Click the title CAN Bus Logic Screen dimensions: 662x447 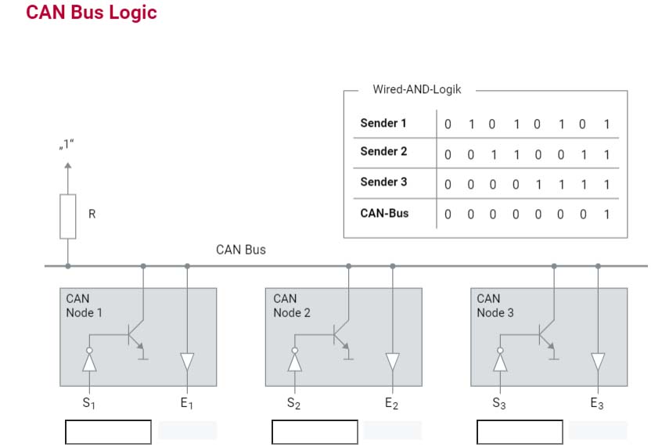pyautogui.click(x=92, y=13)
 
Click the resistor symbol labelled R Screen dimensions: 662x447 pyautogui.click(x=67, y=216)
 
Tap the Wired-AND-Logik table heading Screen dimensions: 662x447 pyautogui.click(x=417, y=89)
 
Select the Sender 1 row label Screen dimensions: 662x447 pyautogui.click(x=383, y=123)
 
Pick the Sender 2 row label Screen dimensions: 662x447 pyautogui.click(x=383, y=151)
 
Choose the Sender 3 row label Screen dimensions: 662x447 pyautogui.click(x=383, y=182)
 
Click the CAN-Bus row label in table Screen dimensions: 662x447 pyautogui.click(x=384, y=213)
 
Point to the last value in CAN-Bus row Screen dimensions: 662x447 pyautogui.click(x=606, y=214)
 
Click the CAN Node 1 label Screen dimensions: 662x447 pyautogui.click(x=84, y=305)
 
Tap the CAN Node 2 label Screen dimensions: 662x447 pyautogui.click(x=291, y=305)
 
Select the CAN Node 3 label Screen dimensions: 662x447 pyautogui.click(x=495, y=305)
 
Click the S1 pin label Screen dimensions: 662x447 pyautogui.click(x=88, y=403)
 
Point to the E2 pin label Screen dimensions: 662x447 pyautogui.click(x=391, y=404)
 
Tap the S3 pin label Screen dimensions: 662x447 pyautogui.click(x=499, y=403)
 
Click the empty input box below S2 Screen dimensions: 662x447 pyautogui.click(x=315, y=432)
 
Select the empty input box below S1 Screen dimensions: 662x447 pyautogui.click(x=108, y=432)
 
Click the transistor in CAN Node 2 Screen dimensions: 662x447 pyautogui.click(x=343, y=336)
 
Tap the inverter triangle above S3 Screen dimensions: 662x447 pyautogui.click(x=500, y=362)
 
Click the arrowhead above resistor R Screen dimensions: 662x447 pyautogui.click(x=67, y=166)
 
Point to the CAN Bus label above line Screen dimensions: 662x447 pyautogui.click(x=241, y=250)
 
